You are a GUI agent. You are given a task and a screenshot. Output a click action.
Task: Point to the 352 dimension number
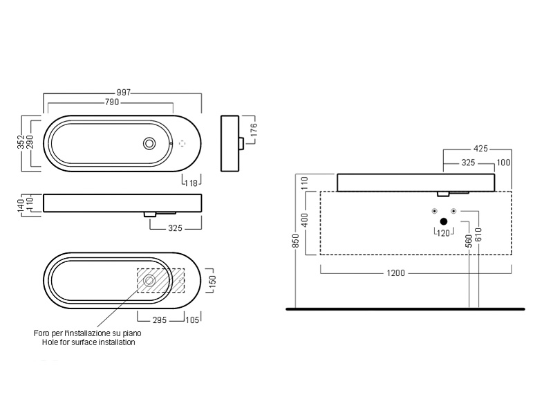coord(21,142)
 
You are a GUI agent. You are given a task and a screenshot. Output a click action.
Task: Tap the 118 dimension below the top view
coord(191,183)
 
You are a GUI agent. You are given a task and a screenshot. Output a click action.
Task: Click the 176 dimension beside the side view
coord(254,129)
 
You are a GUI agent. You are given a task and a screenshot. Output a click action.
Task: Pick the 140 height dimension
coord(21,204)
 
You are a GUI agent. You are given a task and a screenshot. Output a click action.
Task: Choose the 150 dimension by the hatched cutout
coord(213,282)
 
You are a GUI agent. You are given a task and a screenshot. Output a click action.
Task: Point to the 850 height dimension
coord(295,240)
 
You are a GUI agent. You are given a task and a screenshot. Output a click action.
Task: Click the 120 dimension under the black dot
coord(443,232)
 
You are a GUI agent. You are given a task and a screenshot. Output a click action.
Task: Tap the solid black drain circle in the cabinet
coord(443,221)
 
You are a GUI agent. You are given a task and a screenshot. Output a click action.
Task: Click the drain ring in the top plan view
coord(149,143)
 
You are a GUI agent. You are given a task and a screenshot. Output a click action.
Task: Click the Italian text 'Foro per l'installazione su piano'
coord(88,333)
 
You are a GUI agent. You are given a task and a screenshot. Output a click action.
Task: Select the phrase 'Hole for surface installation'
coord(88,342)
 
